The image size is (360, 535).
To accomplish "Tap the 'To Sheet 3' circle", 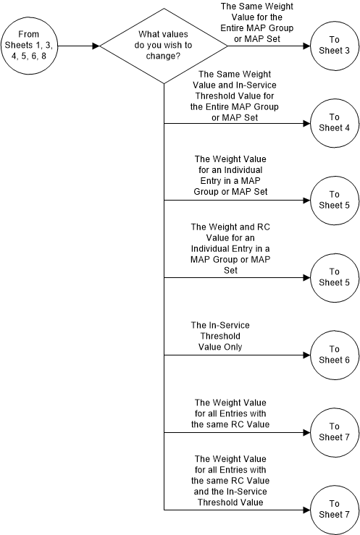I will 333,46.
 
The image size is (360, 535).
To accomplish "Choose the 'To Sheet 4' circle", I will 333,122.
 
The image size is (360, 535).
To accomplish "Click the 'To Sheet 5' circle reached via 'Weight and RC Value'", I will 333,277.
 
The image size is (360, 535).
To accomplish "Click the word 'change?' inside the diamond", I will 164,56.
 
